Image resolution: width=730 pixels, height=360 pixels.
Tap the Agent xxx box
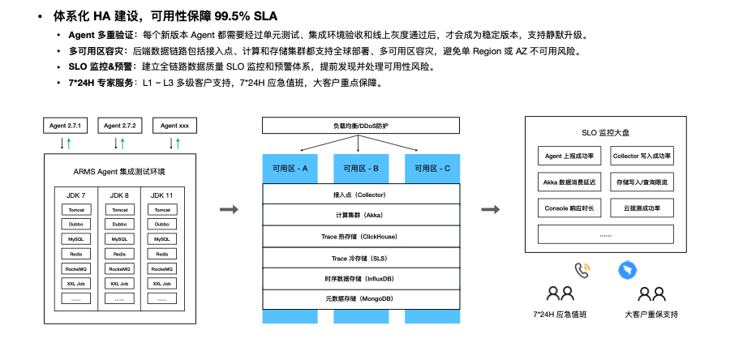174,126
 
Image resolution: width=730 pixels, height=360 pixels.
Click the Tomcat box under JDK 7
75,209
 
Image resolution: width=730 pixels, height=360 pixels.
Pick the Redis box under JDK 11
162,254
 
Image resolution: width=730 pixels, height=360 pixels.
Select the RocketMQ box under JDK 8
119,268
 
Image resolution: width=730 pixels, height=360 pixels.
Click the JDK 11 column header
162,195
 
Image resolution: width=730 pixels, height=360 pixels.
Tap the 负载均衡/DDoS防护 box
361,126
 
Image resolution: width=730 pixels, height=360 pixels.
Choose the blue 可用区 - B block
361,169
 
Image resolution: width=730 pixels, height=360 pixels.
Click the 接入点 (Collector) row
361,195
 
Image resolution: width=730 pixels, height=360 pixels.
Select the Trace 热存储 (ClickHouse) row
361,237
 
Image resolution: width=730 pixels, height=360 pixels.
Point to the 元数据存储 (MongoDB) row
361,299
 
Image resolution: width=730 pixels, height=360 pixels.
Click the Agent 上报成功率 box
570,156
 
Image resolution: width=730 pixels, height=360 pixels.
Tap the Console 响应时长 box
570,208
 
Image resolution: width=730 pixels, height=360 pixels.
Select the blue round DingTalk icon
627,270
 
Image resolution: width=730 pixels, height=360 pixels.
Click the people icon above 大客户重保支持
651,294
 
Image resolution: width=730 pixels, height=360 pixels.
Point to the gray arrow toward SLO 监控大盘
490,210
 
